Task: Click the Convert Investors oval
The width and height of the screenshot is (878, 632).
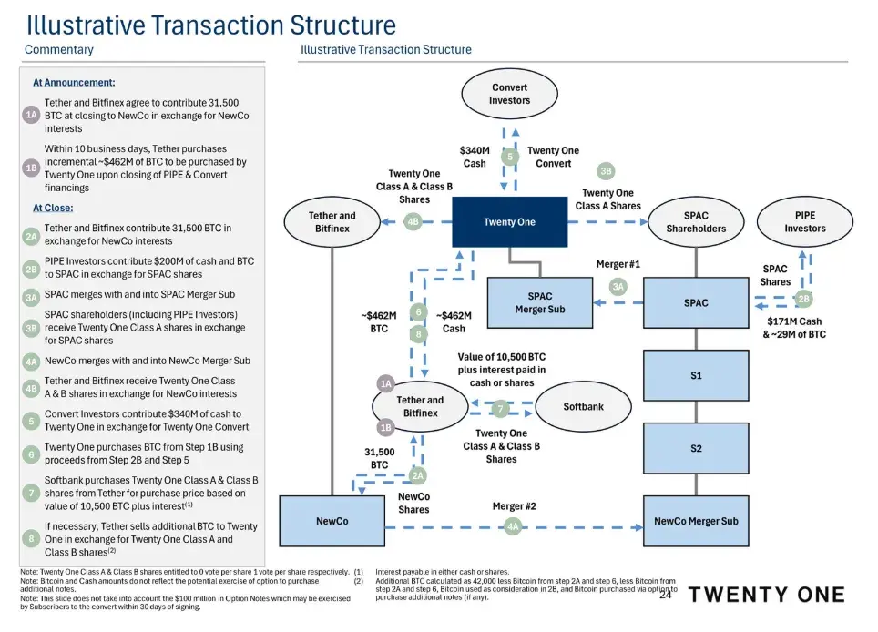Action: [509, 94]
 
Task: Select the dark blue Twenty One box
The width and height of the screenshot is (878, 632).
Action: [509, 221]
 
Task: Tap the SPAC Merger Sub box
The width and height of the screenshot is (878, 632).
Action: [540, 302]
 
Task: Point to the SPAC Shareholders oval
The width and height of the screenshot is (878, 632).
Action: [696, 221]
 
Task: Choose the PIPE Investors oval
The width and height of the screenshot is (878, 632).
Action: [804, 221]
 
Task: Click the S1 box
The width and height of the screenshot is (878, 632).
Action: [696, 375]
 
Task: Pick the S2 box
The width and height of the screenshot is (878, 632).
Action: [696, 447]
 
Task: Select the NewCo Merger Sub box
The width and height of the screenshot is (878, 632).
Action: [696, 521]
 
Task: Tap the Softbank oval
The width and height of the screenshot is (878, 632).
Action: [583, 406]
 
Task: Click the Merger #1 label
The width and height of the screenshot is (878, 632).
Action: [618, 264]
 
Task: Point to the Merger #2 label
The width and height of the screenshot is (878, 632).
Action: [514, 505]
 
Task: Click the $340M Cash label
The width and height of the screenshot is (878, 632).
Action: [475, 157]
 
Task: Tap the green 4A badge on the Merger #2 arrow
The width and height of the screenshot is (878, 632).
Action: [514, 525]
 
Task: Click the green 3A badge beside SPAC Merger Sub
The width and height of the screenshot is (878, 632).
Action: [618, 286]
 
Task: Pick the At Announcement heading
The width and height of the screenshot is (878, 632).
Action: [74, 82]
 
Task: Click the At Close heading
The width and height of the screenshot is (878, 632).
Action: [53, 208]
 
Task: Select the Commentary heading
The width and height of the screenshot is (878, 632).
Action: [58, 49]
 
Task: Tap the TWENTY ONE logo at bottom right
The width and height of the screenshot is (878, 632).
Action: [766, 595]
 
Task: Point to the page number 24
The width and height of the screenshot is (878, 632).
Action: [665, 596]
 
